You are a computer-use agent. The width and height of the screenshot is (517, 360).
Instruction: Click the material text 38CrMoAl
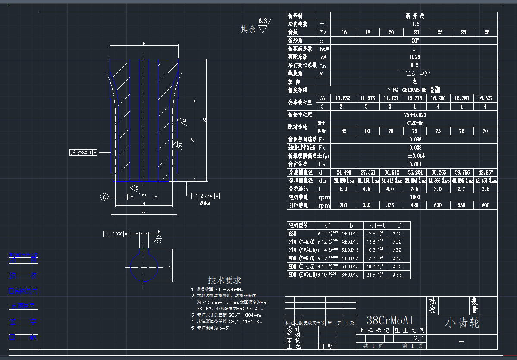[390, 321]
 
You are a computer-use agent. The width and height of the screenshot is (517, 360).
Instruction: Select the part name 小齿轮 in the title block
[462, 323]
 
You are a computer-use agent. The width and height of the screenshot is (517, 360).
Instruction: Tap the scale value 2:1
[418, 338]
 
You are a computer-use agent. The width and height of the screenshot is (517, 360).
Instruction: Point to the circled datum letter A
[104, 197]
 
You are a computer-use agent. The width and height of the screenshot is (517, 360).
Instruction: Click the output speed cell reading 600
[486, 205]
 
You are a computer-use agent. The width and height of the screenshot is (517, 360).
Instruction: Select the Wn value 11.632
[343, 98]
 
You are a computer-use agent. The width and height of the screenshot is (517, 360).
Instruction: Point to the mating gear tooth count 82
[343, 131]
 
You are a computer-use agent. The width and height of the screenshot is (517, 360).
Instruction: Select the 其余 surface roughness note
[249, 29]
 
